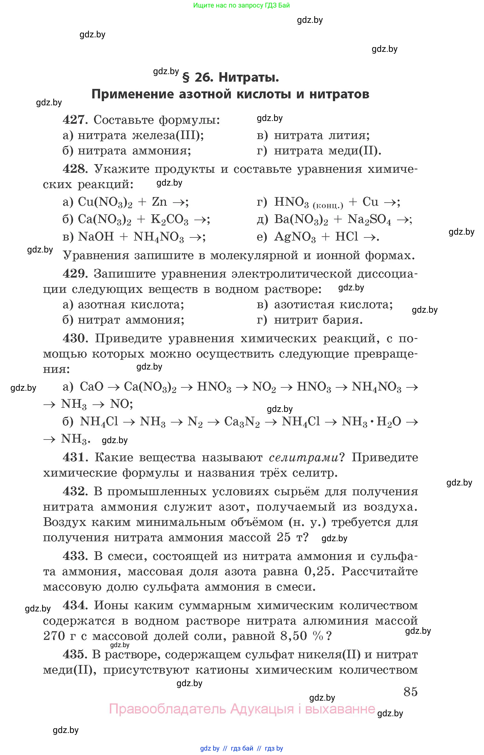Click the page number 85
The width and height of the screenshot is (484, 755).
tap(410, 691)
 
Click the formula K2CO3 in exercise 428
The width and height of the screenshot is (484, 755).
tap(170, 219)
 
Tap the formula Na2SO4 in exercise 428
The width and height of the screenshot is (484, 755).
tap(369, 219)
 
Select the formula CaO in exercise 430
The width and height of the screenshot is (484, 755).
tap(91, 387)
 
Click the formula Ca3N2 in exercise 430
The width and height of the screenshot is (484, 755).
tap(242, 422)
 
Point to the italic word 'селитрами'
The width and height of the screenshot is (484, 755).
tap(304, 457)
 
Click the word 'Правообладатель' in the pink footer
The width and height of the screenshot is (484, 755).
tap(167, 709)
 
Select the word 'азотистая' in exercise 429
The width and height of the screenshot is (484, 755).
tap(304, 304)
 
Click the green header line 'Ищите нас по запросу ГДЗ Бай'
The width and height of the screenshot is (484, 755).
tap(241, 5)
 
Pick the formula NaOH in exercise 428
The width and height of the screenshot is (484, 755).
tap(96, 237)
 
